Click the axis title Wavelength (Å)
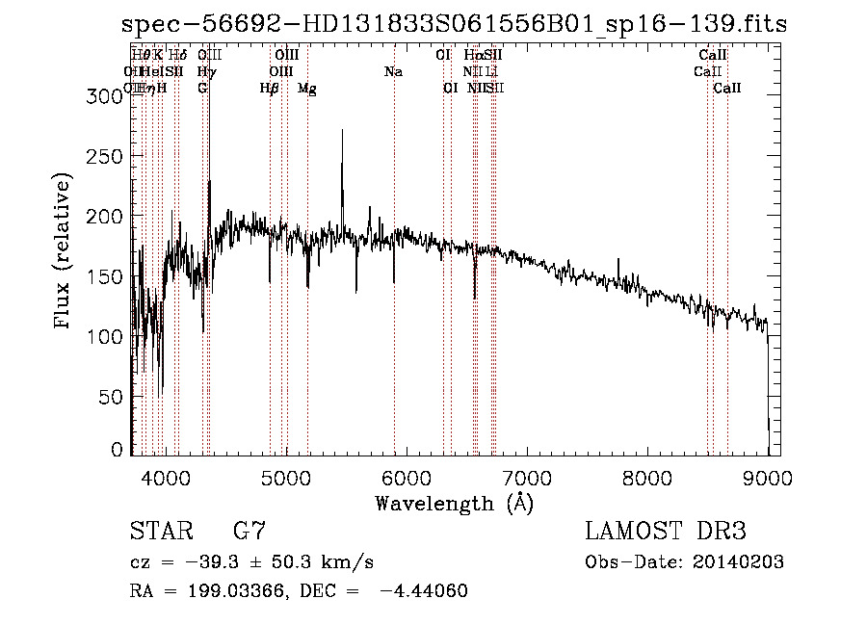[x=454, y=504]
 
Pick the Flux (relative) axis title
[x=64, y=252]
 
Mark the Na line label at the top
[x=393, y=72]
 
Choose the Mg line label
[x=306, y=89]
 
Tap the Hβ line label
[x=270, y=89]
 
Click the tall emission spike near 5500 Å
[x=342, y=135]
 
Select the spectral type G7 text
[x=250, y=532]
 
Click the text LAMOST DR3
[x=666, y=532]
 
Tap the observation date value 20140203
[x=738, y=562]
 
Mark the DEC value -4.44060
[x=424, y=591]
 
